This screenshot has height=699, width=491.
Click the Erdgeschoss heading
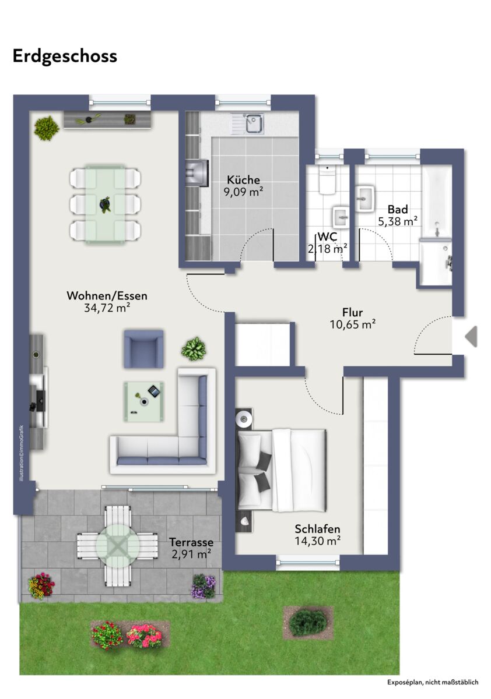65,57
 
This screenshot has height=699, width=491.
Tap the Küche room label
243,180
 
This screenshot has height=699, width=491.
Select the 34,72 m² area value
107,308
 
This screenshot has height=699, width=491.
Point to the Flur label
353,312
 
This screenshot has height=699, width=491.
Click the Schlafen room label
317,529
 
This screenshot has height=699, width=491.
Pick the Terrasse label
191,542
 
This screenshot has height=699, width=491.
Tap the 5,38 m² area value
398,221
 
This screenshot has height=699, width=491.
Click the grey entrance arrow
471,337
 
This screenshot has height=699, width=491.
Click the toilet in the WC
327,181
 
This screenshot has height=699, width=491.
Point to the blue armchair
143,349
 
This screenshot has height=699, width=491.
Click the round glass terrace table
117,546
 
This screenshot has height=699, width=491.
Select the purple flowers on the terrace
204,586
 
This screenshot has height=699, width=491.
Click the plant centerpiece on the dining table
106,204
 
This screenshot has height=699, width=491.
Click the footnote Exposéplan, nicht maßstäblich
433,682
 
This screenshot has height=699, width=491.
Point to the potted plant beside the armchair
194,348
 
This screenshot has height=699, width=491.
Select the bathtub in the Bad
437,203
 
